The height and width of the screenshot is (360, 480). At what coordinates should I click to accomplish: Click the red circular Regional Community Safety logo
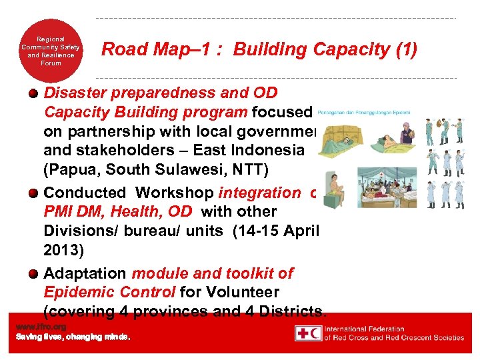pyautogui.click(x=51, y=51)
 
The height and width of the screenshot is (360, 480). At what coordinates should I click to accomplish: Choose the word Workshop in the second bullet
pyautogui.click(x=172, y=193)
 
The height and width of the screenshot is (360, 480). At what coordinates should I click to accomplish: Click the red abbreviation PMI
pyautogui.click(x=59, y=212)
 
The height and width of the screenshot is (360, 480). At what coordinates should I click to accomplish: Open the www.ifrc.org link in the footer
pyautogui.click(x=41, y=327)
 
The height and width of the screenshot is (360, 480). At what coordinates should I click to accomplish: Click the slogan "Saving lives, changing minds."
pyautogui.click(x=73, y=337)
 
